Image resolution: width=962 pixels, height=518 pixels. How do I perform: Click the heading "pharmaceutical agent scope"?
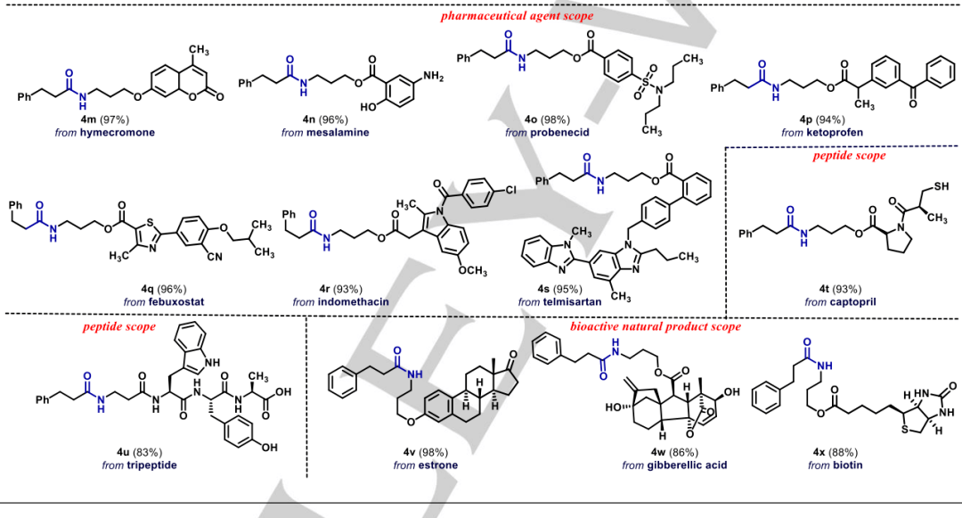(x=516, y=15)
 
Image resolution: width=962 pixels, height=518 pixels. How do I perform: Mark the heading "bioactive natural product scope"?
(x=656, y=326)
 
